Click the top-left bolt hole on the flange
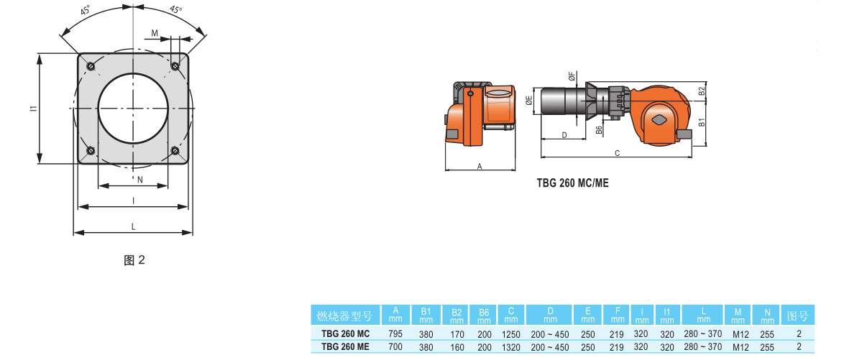coord(91,67)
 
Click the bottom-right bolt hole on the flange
coord(175,151)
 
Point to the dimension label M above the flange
coord(155,34)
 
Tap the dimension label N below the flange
coord(139,179)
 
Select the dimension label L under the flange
coord(134,226)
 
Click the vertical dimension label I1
coord(34,109)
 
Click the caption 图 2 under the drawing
coord(134,260)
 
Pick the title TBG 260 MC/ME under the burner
coord(573,183)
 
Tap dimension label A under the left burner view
coord(480,165)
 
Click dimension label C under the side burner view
coord(618,153)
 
